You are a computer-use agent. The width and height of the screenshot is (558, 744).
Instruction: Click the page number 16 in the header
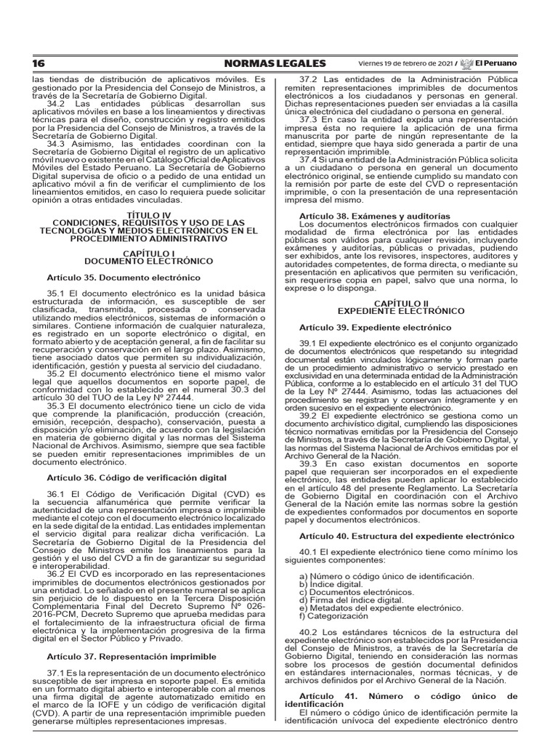38,63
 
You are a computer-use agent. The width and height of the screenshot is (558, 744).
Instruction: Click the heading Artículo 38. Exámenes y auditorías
374,216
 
